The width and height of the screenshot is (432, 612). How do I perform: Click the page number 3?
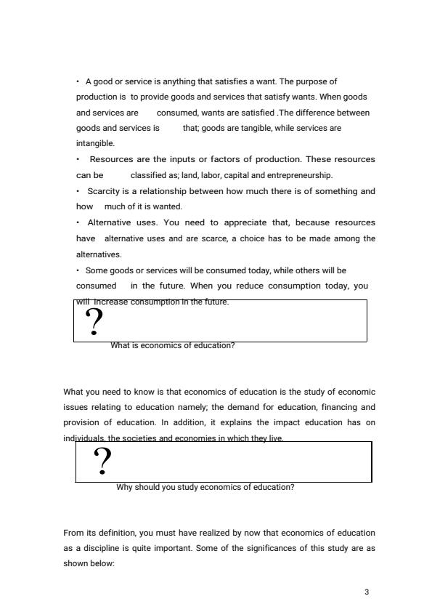(367, 592)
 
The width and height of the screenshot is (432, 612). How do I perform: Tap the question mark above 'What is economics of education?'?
(94, 322)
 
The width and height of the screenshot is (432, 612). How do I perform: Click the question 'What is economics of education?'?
(172, 346)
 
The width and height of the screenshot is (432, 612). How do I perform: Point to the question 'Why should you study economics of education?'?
(205, 487)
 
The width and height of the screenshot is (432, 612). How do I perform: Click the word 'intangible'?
(90, 144)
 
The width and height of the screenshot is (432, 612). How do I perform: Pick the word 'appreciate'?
(237, 222)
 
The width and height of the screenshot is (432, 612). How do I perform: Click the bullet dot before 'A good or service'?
(78, 81)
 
